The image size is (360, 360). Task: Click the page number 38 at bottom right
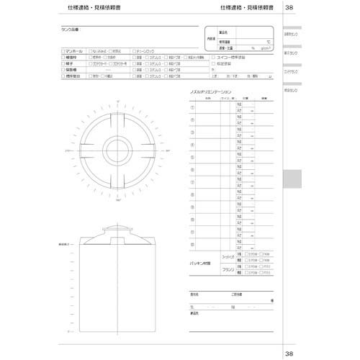289,353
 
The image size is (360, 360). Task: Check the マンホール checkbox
63,52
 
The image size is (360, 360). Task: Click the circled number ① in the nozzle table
192,107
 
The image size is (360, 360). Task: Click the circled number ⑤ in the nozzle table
192,157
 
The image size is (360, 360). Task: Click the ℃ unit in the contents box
268,42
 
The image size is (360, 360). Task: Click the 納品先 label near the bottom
194,313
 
